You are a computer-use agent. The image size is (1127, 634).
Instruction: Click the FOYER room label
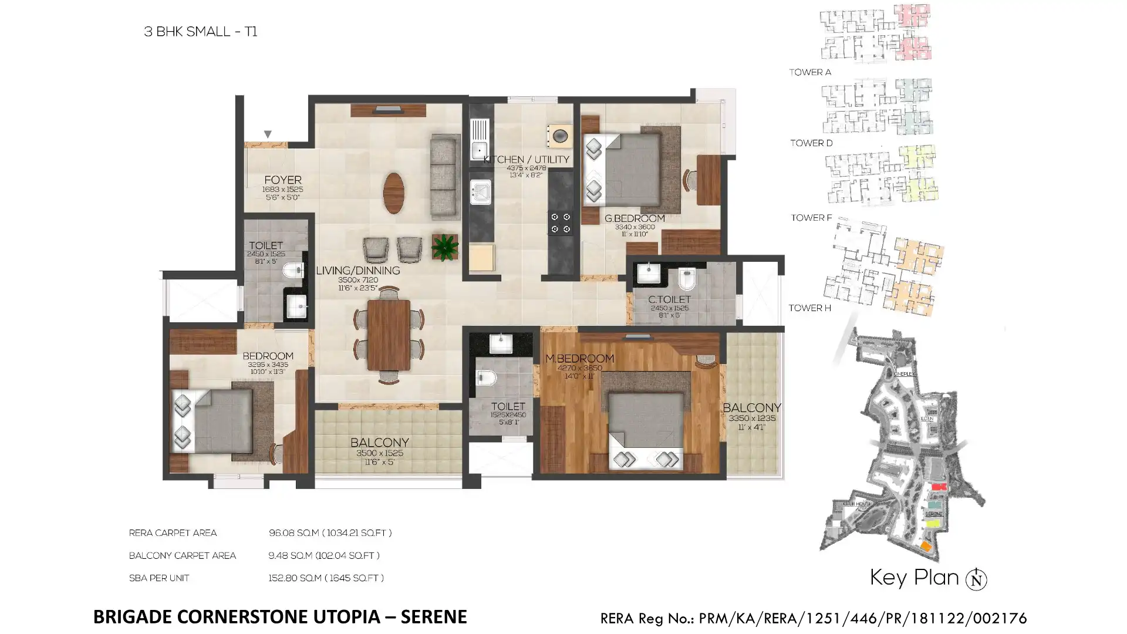pos(282,180)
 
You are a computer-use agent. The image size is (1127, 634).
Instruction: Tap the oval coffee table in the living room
pos(393,193)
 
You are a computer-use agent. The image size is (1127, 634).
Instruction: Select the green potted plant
pos(445,247)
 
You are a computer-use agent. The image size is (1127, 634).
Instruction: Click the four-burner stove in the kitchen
pos(560,222)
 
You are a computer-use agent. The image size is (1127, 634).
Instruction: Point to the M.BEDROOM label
pos(579,358)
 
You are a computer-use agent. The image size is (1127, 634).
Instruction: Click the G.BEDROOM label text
pos(635,218)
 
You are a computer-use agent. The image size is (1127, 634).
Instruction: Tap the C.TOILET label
pos(669,299)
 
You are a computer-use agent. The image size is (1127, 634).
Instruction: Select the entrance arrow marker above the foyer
pos(268,134)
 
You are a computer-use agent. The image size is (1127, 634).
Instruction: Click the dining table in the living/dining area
pos(389,335)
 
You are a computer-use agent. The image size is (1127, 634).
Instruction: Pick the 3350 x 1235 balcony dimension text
pos(752,418)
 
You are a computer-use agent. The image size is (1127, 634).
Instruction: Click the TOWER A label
pos(810,72)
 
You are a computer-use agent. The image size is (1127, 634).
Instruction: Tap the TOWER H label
pos(809,308)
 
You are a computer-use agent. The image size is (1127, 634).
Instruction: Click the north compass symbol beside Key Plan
pos(977,579)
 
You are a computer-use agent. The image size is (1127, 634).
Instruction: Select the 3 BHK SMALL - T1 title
pos(201,32)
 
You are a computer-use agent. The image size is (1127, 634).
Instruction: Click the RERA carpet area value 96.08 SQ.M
pos(293,533)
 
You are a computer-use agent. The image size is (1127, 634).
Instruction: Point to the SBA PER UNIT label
pos(159,578)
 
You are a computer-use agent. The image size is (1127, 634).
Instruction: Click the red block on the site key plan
pos(939,487)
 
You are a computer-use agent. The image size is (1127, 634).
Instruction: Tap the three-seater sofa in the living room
pos(445,177)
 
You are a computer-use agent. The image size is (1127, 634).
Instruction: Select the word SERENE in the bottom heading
pos(434,617)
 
